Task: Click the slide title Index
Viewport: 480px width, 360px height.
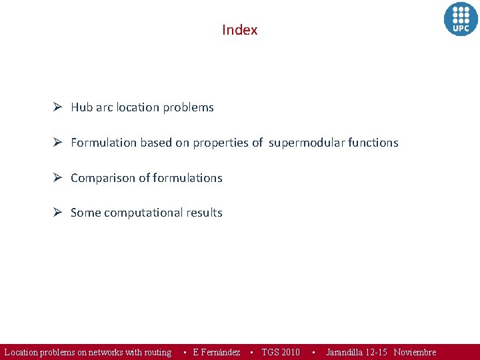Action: pos(239,30)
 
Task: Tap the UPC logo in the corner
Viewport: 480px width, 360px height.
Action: pos(461,19)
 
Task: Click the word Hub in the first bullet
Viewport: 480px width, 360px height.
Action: pos(81,107)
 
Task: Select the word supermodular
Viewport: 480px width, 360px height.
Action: pos(307,143)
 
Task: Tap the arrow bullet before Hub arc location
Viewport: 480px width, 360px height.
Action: pos(58,107)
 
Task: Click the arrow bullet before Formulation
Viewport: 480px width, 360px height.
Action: pos(58,142)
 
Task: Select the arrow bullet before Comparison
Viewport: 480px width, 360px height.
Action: pos(58,177)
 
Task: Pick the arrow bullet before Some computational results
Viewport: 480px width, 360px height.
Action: pos(58,212)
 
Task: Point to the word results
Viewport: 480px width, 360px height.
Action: pos(204,213)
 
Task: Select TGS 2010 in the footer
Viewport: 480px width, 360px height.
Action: pos(281,352)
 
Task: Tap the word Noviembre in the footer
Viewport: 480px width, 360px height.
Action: pos(415,352)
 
